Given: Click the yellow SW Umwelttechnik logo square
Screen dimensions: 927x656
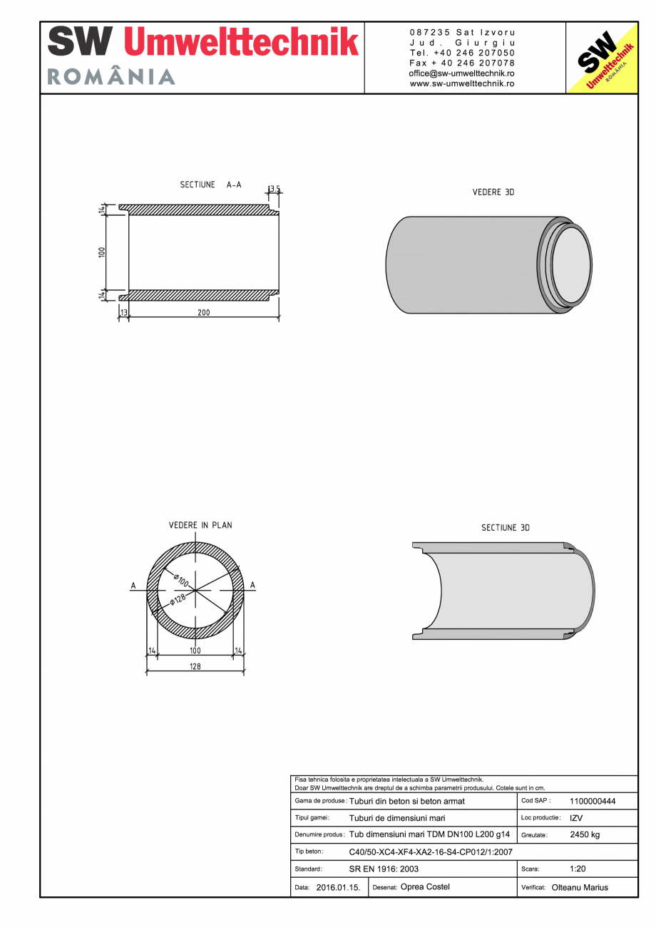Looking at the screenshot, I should point(602,58).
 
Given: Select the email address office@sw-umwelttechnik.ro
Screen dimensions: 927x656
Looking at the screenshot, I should point(462,73).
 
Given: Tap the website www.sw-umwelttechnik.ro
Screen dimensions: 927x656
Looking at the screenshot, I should point(462,83).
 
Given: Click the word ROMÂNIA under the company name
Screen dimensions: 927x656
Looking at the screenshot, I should point(111,77).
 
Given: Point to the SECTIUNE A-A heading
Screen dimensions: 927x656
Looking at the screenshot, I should point(210,185).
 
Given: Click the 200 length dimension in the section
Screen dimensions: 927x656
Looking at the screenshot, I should point(204,313).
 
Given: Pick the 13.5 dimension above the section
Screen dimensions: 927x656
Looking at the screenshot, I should point(274,190).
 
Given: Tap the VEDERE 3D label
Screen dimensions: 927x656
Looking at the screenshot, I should point(493,192).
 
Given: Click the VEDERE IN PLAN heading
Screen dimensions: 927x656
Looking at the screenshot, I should point(200,525).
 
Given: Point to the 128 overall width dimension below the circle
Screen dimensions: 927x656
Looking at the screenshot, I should point(195,666).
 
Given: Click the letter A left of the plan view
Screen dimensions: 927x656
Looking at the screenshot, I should point(133,586).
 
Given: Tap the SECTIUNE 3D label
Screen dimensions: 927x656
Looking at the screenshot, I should point(506,528).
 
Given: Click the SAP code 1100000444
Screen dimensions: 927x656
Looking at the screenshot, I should point(593,801).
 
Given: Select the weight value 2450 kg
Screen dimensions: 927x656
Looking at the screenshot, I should point(585,834).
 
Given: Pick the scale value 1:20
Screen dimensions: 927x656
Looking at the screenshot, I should point(578,869).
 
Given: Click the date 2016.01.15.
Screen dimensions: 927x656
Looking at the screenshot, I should point(338,888).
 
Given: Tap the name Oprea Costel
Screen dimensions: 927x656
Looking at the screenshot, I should point(426,887).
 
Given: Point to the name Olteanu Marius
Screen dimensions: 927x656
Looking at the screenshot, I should point(580,888).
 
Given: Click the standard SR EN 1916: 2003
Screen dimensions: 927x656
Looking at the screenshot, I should point(384,869).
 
